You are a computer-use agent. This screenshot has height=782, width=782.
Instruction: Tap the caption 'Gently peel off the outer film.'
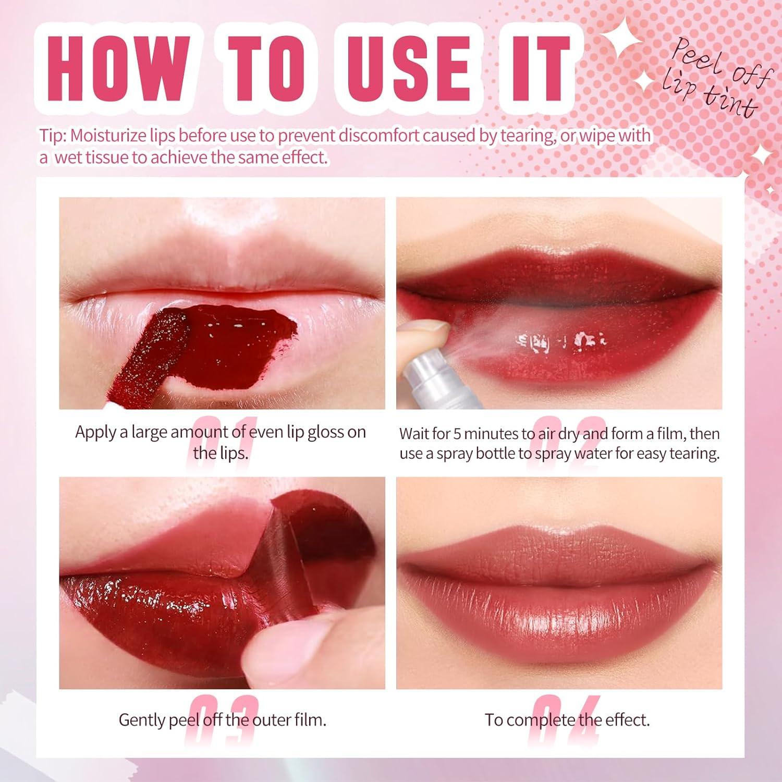[223, 720]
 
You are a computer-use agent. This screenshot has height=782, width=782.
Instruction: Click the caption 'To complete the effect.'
[567, 720]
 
